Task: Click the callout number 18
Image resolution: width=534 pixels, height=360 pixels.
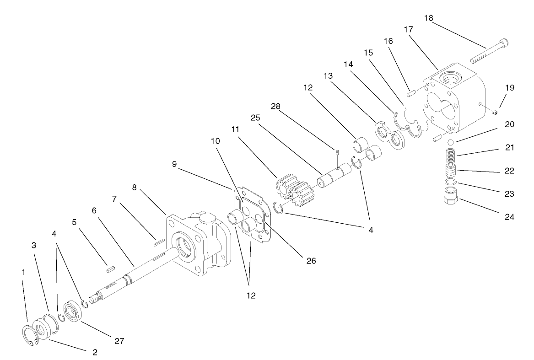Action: pos(429,18)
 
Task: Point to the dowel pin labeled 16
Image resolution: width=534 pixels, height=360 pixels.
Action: pos(410,93)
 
